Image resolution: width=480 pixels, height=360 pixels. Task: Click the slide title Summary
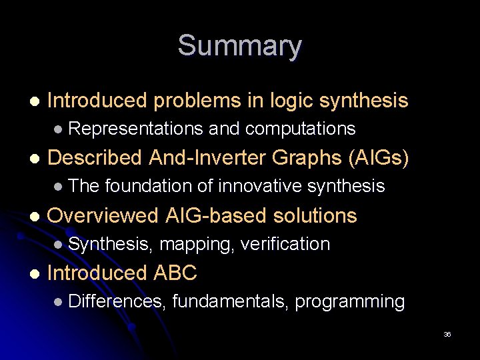tap(239, 47)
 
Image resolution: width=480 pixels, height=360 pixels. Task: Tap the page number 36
tap(447, 335)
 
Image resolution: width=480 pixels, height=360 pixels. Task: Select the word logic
tap(291, 101)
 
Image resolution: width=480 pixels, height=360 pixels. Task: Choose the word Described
tap(95, 158)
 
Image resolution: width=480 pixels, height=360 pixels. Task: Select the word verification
tap(285, 244)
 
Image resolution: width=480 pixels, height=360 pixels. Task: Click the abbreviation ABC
tap(175, 273)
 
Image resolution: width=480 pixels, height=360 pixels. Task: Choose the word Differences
tap(116, 301)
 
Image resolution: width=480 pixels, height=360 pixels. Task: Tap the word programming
tap(350, 302)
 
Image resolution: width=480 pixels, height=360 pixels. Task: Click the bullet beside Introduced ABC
tap(34, 273)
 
